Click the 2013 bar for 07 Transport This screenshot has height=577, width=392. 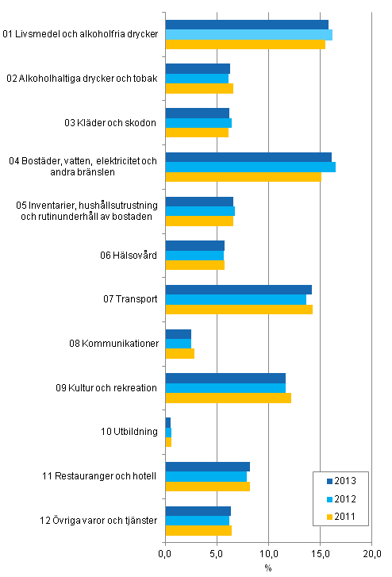pyautogui.click(x=238, y=289)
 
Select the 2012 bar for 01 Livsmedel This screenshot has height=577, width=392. pyautogui.click(x=248, y=35)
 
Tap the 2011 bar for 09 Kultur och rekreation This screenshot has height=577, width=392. pyautogui.click(x=228, y=398)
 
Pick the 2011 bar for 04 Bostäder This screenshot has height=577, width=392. pyautogui.click(x=243, y=176)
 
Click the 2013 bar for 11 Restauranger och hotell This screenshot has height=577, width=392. pyautogui.click(x=207, y=467)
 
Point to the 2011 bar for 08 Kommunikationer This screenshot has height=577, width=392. pyautogui.click(x=179, y=353)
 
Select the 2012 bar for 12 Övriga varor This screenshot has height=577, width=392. pyautogui.click(x=197, y=521)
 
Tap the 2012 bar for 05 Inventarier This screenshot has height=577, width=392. pyautogui.click(x=200, y=211)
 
